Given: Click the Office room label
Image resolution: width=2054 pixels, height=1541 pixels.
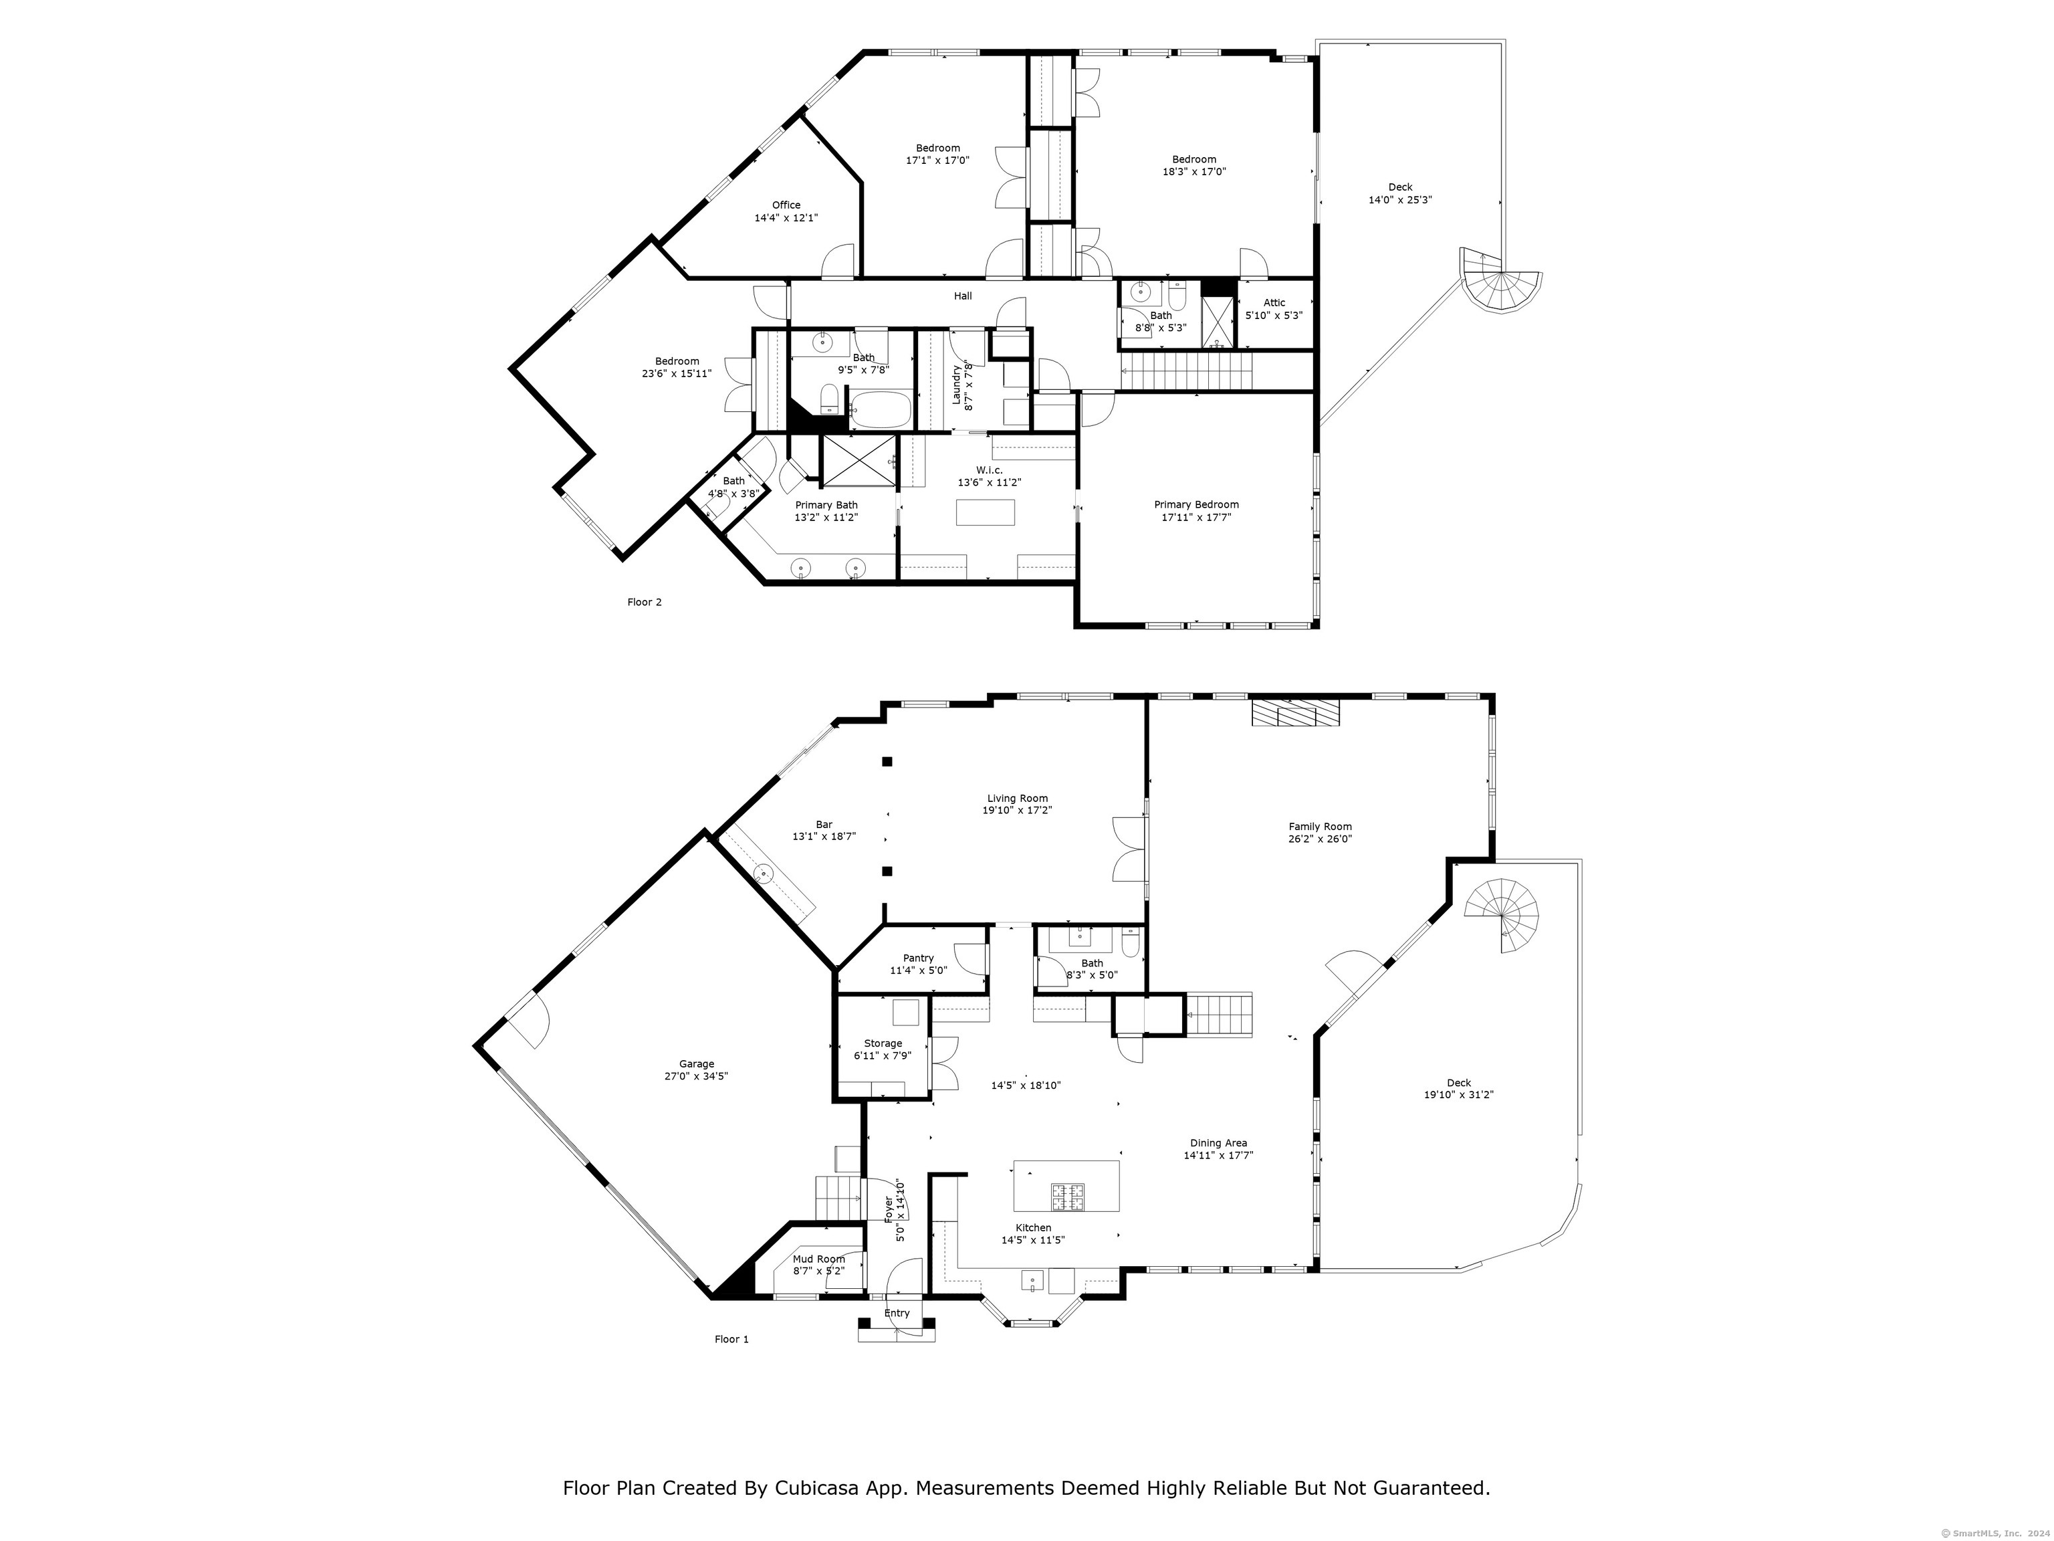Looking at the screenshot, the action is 786,205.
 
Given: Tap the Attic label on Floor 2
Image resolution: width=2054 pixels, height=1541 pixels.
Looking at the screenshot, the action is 1274,303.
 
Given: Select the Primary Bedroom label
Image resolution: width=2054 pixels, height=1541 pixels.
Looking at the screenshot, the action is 1196,504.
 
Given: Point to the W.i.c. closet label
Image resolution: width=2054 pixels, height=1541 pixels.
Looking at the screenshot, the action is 990,470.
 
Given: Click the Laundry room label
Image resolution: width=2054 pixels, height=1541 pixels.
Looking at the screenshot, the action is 956,385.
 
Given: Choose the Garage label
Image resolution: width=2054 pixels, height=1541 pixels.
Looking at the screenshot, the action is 697,1065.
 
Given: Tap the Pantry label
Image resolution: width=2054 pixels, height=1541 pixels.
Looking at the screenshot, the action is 919,958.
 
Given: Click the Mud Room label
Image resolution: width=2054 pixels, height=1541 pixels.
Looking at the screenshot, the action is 819,1259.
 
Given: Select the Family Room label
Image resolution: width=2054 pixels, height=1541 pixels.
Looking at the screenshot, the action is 1321,827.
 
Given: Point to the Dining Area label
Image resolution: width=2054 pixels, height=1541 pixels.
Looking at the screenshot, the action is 1218,1144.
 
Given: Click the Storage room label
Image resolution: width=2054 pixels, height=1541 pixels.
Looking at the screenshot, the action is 883,1044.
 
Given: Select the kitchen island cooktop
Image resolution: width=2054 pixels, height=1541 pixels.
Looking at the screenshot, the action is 1067,1197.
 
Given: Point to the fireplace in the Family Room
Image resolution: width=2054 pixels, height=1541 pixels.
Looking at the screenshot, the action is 1295,712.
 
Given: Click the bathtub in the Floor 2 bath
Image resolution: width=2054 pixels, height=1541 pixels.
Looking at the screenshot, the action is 882,409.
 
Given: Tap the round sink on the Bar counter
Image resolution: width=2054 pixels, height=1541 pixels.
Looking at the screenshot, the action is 764,873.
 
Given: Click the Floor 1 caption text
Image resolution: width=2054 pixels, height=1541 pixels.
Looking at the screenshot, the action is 731,1340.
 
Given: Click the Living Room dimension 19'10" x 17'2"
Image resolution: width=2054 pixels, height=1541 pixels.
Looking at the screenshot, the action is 1018,810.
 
